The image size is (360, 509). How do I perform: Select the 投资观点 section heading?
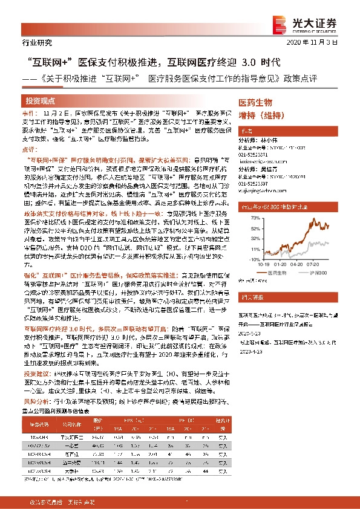pyautogui.click(x=41, y=100)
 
